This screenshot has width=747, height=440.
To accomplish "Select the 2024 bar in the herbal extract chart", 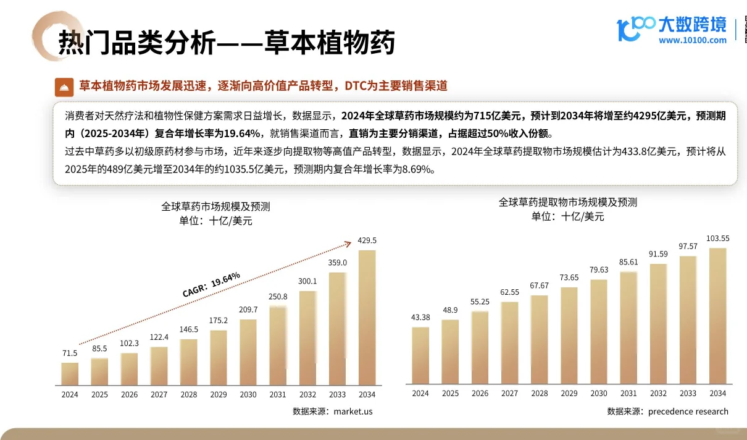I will (x=420, y=355).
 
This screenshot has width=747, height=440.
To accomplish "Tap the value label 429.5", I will (x=367, y=240).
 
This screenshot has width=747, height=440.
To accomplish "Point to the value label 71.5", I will (x=70, y=353).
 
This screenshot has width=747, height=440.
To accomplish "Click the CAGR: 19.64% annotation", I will (x=212, y=284).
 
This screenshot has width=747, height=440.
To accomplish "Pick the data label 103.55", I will (x=717, y=239).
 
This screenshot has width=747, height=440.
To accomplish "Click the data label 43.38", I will (x=420, y=318).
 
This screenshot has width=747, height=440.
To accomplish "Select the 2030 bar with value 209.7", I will (x=248, y=352).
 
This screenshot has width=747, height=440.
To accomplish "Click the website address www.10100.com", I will (x=693, y=40).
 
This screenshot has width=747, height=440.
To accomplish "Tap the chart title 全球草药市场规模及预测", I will (x=215, y=206).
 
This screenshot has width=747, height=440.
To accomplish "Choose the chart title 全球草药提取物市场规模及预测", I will (x=568, y=202).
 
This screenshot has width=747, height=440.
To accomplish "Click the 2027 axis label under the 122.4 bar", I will (x=159, y=394).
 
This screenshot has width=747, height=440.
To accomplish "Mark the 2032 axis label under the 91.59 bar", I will (x=658, y=393).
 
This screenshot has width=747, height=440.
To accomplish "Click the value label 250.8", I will (x=277, y=297).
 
